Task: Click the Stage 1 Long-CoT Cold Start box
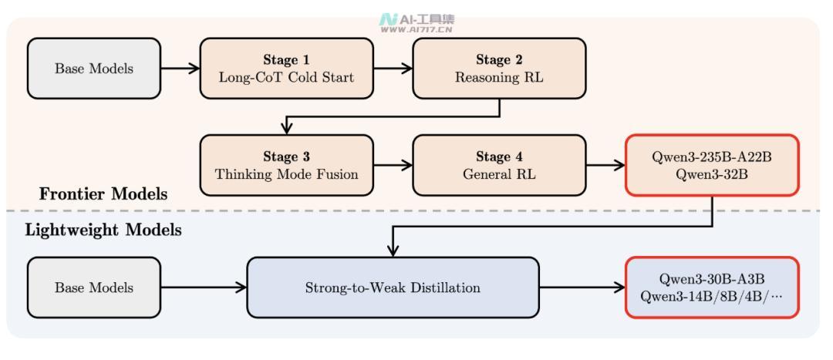tap(286, 69)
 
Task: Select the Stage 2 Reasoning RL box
tap(499, 69)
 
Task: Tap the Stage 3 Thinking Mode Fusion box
tap(286, 165)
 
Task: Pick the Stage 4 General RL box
tap(499, 165)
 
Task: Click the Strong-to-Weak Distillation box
tap(393, 288)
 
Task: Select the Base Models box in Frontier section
tap(94, 69)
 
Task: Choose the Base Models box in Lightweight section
tap(94, 288)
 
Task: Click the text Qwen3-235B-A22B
tap(712, 158)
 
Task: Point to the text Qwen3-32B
tap(712, 174)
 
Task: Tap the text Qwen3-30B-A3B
tap(712, 279)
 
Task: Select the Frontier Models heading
tap(103, 194)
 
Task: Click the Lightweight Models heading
tap(103, 230)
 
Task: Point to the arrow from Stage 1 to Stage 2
tap(393, 68)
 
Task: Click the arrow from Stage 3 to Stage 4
tap(393, 165)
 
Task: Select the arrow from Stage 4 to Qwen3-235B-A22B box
tap(605, 165)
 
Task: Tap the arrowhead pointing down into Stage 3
tap(287, 129)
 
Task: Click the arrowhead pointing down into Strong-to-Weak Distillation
tap(393, 251)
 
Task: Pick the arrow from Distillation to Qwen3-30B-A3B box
tap(582, 288)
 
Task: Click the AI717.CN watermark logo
tap(417, 24)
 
